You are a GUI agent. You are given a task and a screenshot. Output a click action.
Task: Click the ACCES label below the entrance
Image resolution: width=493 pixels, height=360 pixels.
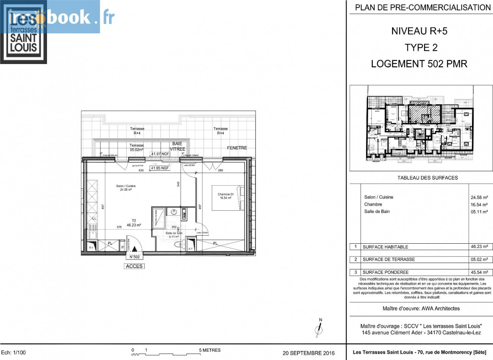[134, 266]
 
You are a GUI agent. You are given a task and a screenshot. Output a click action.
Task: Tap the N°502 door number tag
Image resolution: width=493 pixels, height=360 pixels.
[135, 257]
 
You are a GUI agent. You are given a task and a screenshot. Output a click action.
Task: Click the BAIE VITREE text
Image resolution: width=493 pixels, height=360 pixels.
[177, 146]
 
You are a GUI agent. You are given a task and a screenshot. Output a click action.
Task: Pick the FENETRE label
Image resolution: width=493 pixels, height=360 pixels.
[237, 148]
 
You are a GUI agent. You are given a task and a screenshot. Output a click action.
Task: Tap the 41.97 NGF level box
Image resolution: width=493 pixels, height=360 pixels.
[160, 154]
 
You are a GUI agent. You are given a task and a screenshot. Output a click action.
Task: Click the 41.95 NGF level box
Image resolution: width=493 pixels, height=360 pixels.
[160, 168]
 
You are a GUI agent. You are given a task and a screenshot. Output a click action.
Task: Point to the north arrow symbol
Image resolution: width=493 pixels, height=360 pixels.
[319, 328]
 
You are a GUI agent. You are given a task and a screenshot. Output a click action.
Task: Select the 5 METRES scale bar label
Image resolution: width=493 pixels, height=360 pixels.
[210, 350]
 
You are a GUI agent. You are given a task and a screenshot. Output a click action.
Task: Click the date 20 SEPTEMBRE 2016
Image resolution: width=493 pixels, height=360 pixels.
[308, 353]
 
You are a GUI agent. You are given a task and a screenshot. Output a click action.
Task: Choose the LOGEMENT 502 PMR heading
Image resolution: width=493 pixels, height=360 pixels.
[419, 64]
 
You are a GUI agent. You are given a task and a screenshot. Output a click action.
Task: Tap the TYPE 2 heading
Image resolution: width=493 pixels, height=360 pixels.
[421, 48]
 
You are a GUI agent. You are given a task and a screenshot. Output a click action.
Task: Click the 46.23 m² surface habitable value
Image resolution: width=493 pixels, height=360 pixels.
[479, 247]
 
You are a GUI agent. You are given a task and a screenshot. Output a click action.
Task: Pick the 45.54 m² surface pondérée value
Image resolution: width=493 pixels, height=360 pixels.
[479, 272]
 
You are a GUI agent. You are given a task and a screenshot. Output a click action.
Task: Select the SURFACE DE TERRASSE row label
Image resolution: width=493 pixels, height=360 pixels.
[388, 260]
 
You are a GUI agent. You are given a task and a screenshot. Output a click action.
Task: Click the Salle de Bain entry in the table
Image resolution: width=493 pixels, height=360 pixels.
[377, 211]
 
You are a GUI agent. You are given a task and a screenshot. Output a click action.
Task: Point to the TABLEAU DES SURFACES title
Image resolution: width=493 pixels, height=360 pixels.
[427, 178]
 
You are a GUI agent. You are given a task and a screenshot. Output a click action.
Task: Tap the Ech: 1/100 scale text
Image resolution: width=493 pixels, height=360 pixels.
[14, 353]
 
